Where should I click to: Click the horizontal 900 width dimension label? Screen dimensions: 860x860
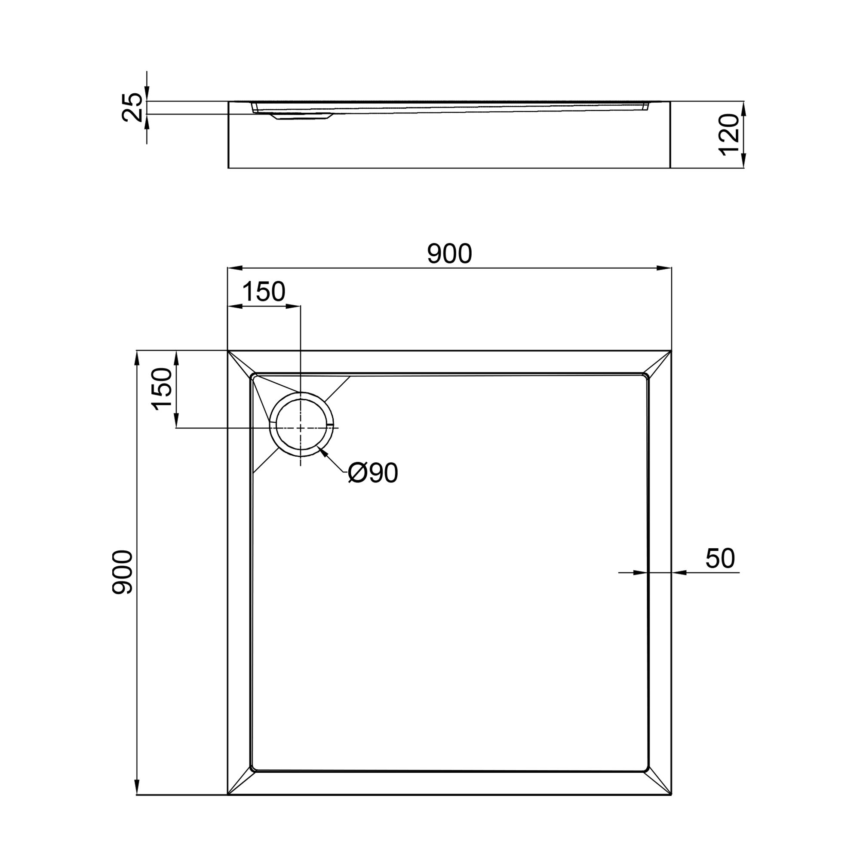pyautogui.click(x=449, y=254)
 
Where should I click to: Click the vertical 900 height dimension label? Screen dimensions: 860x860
pyautogui.click(x=122, y=572)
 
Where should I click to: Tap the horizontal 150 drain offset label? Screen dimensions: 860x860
pyautogui.click(x=264, y=292)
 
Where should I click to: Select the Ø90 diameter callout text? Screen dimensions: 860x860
pyautogui.click(x=373, y=473)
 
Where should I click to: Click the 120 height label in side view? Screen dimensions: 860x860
pyautogui.click(x=729, y=135)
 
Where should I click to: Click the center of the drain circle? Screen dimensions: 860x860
pyautogui.click(x=301, y=427)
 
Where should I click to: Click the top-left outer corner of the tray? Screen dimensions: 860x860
pyautogui.click(x=228, y=351)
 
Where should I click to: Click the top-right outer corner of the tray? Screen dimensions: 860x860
pyautogui.click(x=671, y=351)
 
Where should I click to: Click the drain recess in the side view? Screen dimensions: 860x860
pyautogui.click(x=303, y=117)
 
